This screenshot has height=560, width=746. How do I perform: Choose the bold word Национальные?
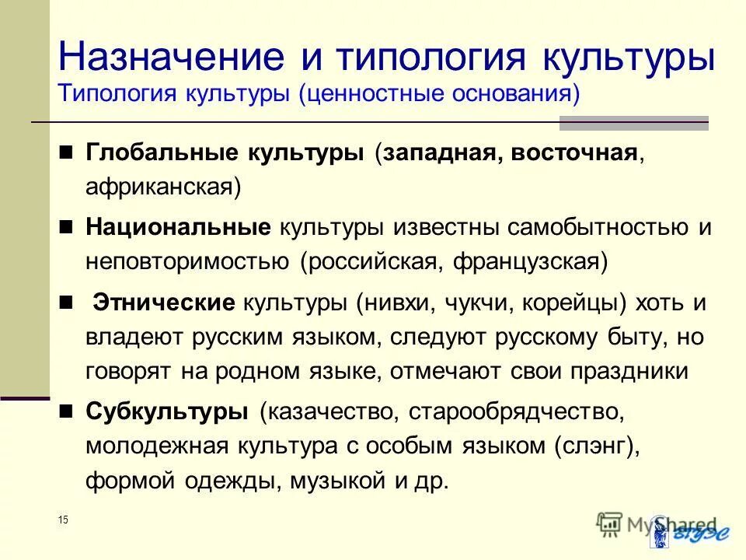(x=178, y=227)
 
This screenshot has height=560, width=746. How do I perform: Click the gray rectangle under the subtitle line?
(x=634, y=123)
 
